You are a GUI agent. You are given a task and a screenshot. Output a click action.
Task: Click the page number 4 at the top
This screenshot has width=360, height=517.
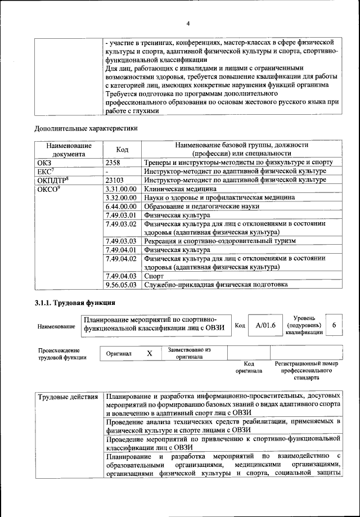[x=188, y=23]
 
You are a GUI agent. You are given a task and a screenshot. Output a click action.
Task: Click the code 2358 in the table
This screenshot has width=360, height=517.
[x=114, y=162]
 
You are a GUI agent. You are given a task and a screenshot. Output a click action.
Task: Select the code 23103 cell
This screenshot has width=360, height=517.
[x=116, y=180]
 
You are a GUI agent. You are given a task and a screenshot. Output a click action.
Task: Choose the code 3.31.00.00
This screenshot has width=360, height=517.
[x=121, y=189]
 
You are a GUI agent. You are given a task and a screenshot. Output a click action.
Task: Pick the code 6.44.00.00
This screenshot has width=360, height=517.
[x=121, y=206]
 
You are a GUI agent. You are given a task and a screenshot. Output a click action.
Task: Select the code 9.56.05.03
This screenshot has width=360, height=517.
[x=121, y=285]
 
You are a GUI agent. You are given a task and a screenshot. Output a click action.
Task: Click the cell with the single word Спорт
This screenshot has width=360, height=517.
[x=154, y=276]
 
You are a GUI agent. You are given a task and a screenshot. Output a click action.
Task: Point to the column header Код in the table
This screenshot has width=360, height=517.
[x=122, y=149]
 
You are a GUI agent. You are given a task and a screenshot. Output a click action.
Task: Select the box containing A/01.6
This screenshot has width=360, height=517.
[x=262, y=325]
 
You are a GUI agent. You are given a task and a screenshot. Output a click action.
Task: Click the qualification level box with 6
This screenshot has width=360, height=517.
[x=334, y=325]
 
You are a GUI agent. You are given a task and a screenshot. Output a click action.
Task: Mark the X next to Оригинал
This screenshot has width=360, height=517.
[x=150, y=353]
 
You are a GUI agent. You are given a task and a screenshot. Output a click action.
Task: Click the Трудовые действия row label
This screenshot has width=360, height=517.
[x=68, y=397]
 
